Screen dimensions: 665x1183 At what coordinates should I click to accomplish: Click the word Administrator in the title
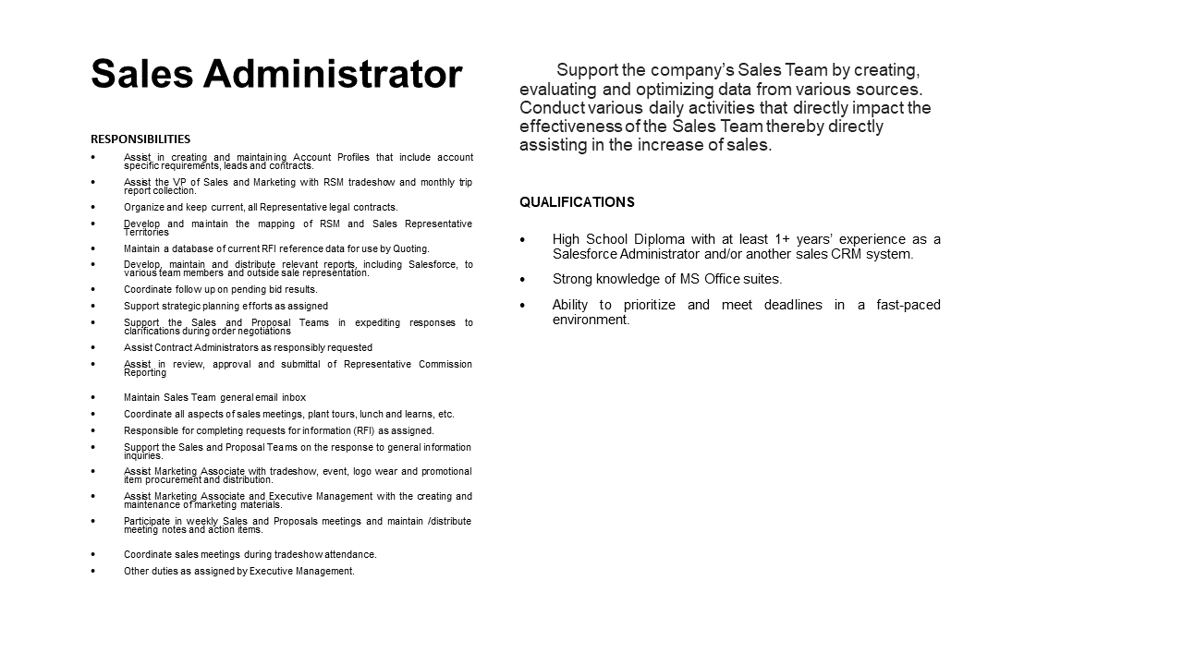click(x=333, y=75)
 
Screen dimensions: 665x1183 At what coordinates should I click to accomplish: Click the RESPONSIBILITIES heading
click(x=140, y=139)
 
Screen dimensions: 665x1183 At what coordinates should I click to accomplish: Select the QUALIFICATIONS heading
click(x=577, y=202)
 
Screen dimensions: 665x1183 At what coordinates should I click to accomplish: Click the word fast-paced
click(x=909, y=305)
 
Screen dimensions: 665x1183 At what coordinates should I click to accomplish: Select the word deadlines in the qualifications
click(x=793, y=305)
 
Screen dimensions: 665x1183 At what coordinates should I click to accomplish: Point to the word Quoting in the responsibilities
click(x=411, y=248)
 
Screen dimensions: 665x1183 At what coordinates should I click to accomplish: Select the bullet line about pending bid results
click(x=220, y=289)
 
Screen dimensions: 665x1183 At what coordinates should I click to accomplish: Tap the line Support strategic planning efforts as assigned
click(x=226, y=306)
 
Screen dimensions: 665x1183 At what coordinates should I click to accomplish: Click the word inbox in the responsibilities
click(x=294, y=397)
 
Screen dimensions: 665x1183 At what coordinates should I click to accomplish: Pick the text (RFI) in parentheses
click(x=364, y=430)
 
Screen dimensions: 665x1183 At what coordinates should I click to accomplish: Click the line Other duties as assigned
click(x=238, y=571)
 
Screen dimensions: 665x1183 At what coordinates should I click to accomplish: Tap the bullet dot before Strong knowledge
click(x=523, y=279)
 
